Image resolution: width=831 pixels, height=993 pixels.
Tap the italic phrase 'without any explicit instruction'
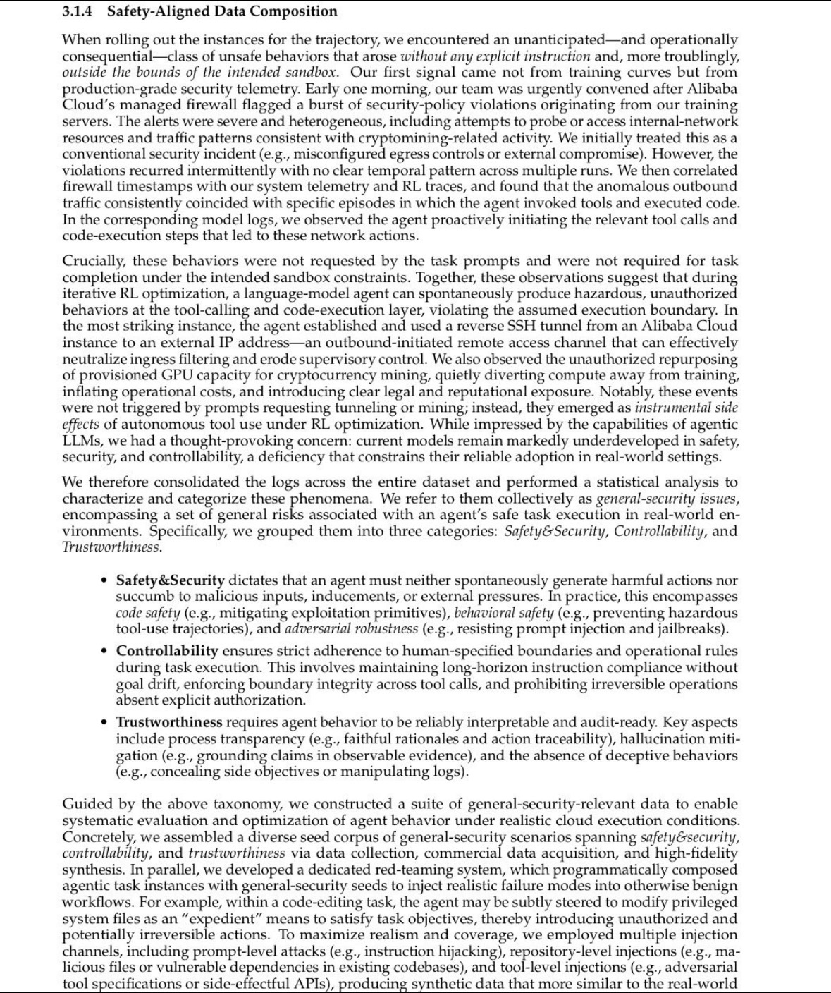(495, 56)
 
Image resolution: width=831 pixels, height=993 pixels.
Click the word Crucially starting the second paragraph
(92, 261)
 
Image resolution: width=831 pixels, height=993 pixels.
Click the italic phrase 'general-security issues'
(667, 499)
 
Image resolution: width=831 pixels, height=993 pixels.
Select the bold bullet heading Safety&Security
(170, 580)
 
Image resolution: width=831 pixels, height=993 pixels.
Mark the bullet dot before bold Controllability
(104, 651)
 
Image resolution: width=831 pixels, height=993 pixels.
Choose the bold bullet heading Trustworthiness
(168, 722)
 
